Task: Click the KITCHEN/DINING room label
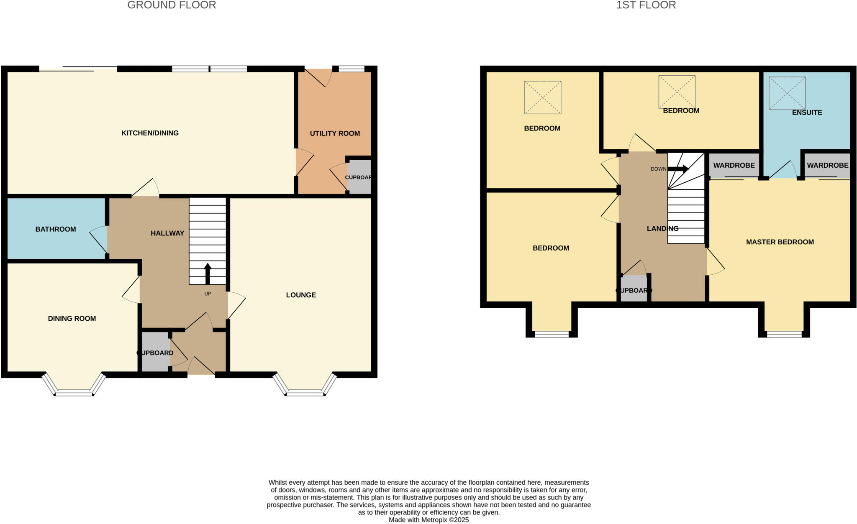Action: (150, 133)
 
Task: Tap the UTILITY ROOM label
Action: (335, 133)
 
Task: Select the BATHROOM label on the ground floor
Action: (56, 229)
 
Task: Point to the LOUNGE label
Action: (301, 295)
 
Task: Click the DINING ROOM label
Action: (72, 318)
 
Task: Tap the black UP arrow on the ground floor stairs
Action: (208, 274)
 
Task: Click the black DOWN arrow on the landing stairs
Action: (678, 169)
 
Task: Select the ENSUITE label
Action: (807, 112)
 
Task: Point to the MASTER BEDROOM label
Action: (780, 242)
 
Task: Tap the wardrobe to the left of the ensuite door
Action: (734, 165)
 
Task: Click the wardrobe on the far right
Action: (827, 165)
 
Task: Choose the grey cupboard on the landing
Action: (634, 289)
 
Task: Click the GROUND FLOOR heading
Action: (172, 5)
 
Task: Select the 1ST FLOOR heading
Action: (646, 5)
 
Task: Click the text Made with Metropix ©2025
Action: (428, 520)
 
